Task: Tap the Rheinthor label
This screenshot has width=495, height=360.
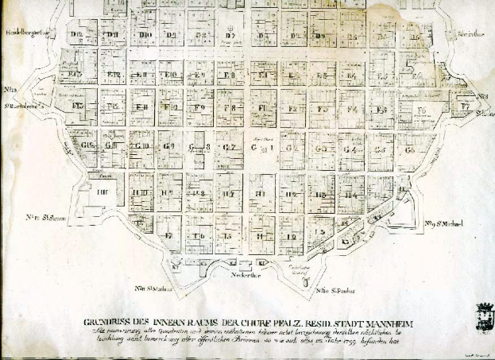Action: (471, 34)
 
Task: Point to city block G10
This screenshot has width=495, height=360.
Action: (142, 148)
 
